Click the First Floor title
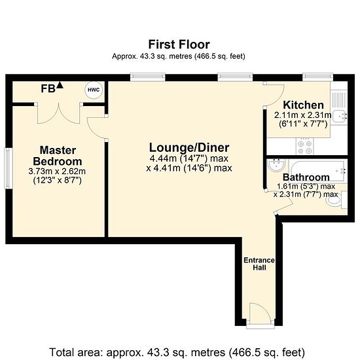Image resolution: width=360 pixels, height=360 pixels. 179,45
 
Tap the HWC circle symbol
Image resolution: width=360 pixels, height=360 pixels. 94,90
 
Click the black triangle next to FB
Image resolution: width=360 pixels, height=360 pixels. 60,85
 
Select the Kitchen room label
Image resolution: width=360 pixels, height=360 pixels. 303,105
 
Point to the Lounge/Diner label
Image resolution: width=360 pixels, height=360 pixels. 189,148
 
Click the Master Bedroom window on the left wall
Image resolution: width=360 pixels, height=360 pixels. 9,168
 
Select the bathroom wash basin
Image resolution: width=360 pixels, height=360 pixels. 276,165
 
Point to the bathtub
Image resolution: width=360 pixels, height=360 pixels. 317,171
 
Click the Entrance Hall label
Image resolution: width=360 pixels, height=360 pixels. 259,264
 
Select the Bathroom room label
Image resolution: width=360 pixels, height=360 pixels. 306,177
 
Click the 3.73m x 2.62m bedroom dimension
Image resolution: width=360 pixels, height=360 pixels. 57,171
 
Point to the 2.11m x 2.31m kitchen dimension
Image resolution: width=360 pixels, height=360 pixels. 303,115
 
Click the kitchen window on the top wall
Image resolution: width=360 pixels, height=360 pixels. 317,77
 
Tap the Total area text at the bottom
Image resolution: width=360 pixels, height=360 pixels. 177,352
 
